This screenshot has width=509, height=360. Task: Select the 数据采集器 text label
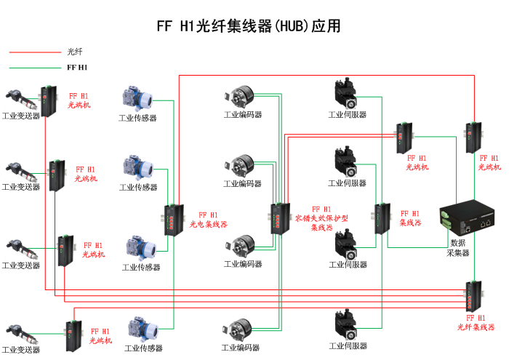458,248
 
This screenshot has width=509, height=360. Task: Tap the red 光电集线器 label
209,220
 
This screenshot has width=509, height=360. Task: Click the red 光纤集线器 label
476,322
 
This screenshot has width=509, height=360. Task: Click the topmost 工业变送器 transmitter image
17,97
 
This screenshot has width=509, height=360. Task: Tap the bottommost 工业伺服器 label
348,346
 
